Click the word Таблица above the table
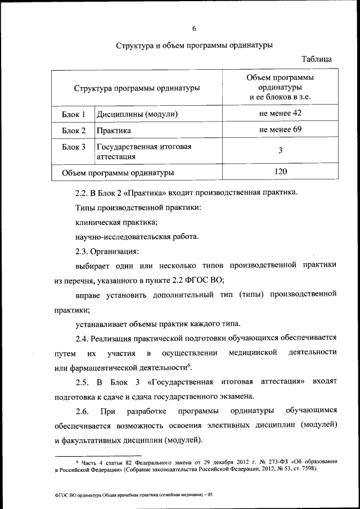tap(316, 58)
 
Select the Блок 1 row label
tap(73, 114)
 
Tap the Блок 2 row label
tap(73, 130)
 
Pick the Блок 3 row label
tap(73, 147)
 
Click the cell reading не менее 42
tap(281, 114)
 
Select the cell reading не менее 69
tap(281, 130)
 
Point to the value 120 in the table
tap(281, 172)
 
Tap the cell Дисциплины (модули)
tap(137, 114)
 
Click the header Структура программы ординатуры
tap(137, 88)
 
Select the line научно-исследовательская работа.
tap(137, 236)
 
